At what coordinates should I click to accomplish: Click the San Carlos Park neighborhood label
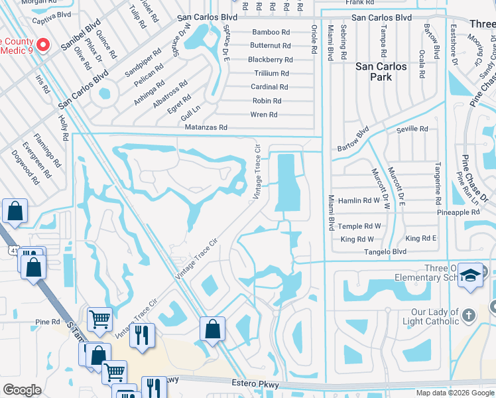tap(383, 72)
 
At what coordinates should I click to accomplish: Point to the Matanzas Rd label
tap(206, 127)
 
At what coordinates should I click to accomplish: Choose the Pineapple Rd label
tap(458, 212)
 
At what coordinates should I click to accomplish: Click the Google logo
tap(22, 390)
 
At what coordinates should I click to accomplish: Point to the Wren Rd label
tap(263, 115)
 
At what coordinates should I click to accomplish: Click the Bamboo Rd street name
tap(271, 32)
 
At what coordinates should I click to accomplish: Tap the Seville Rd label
tap(412, 129)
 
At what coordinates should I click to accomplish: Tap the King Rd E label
tap(421, 238)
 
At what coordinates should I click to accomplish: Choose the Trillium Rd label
tap(271, 74)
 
